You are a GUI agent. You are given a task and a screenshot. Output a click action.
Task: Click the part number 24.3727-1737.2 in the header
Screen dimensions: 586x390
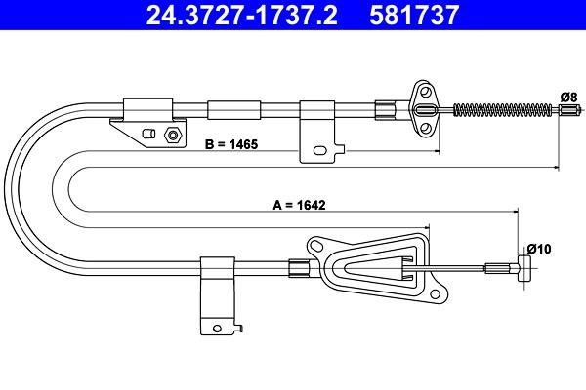pos(242,15)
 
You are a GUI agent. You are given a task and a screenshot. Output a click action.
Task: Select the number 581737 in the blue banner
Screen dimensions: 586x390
pos(414,15)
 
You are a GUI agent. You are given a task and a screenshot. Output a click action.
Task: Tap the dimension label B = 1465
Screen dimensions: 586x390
pos(231,144)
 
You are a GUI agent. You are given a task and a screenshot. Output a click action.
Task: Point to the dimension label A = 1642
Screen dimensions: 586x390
pos(300,205)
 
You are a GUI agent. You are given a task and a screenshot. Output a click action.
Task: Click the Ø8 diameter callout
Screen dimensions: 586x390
pos(568,97)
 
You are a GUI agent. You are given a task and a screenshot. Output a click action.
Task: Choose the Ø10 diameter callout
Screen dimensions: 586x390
pos(539,249)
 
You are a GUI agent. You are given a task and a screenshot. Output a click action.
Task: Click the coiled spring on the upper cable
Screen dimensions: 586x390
pos(503,110)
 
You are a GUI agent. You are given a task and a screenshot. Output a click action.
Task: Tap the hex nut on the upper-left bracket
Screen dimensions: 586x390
pos(173,135)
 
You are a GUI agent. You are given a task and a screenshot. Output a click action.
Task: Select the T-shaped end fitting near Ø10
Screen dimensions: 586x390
pos(523,268)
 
